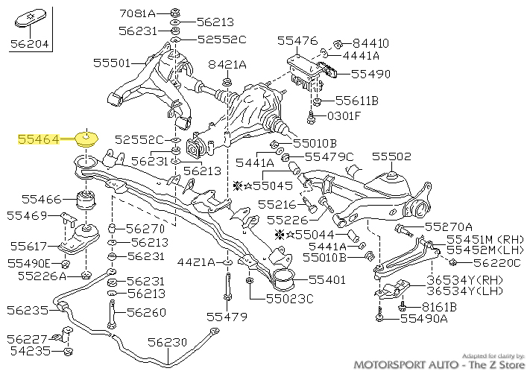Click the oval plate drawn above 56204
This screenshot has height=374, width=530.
30,18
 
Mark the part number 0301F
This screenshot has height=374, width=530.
344,115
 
